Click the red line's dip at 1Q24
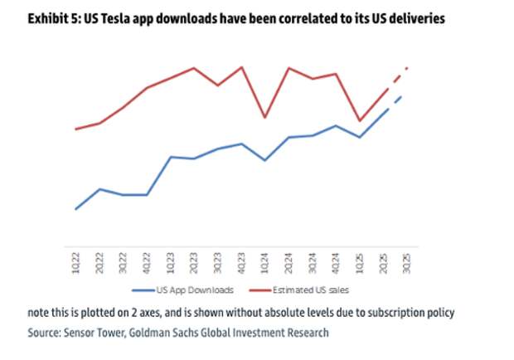(x=264, y=118)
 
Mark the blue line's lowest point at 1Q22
(x=76, y=209)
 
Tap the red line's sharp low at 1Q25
(x=359, y=121)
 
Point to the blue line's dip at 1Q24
(x=264, y=160)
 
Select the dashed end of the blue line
(x=397, y=100)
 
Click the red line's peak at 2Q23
(x=194, y=68)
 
